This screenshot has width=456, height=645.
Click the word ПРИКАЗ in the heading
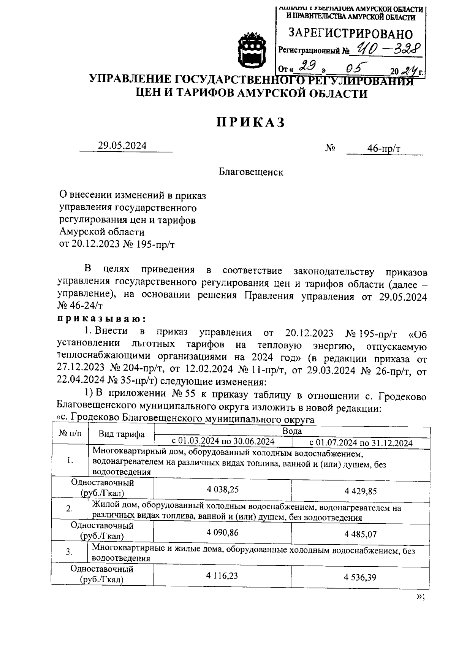point(250,122)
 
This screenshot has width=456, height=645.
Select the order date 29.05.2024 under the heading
point(122,146)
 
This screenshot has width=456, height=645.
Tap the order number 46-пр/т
point(383,149)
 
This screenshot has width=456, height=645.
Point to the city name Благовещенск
point(251,172)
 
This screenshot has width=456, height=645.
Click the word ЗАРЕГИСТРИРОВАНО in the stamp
point(350,34)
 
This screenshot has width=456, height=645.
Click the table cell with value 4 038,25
point(223,489)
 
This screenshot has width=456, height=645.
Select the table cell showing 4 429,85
point(361,491)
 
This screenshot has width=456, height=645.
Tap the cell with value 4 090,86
point(223,532)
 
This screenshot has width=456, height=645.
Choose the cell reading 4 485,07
point(361,534)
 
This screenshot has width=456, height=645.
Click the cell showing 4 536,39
point(360,577)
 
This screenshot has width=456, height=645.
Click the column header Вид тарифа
point(121,434)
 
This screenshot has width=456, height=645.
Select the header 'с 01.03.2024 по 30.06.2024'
point(223,441)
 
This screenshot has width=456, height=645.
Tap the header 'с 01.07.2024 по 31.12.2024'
point(361,442)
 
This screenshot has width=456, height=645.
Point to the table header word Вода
point(292,431)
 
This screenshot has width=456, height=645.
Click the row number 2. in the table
point(70,509)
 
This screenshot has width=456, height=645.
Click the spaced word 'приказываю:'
point(101,318)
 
